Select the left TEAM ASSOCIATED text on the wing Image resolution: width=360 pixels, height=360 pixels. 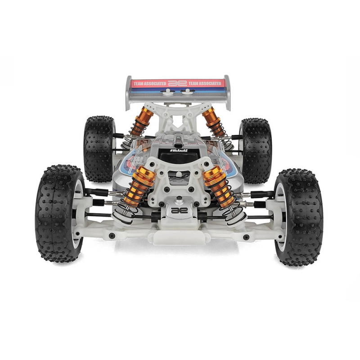click(x=148, y=84)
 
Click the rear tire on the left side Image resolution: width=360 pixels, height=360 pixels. click(x=98, y=148)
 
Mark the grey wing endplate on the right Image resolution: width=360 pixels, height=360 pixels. click(x=227, y=92)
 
